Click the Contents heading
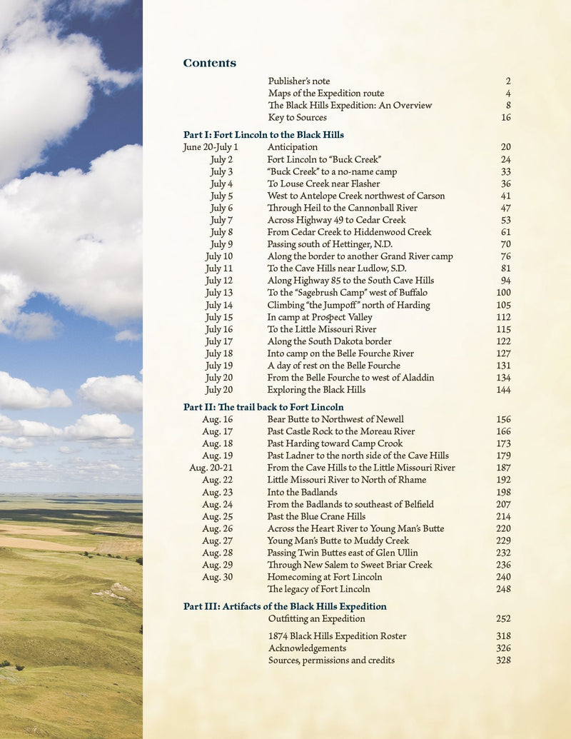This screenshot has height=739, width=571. coord(209,63)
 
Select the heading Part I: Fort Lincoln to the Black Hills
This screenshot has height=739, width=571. coord(263,134)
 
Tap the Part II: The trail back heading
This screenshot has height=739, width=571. coord(263,407)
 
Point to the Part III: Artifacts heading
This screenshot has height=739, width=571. coord(285,606)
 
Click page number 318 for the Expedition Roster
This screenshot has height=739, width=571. coord(503,636)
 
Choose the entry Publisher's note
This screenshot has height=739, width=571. coord(299,81)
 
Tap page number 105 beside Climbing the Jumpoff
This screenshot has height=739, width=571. coord(503,305)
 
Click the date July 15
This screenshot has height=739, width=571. coord(219,317)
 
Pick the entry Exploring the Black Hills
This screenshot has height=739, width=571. coord(316,390)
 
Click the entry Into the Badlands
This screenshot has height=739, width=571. coord(303,492)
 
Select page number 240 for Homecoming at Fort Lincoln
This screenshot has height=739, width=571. coord(503,577)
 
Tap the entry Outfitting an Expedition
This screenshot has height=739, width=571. coord(316,618)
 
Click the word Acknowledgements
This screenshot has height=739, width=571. coord(307,648)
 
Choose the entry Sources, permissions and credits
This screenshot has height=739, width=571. coord(331,660)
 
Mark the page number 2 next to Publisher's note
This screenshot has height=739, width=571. coord(507,81)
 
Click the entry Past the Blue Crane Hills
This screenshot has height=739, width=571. coord(316,516)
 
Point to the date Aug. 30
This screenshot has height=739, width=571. coord(217,577)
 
